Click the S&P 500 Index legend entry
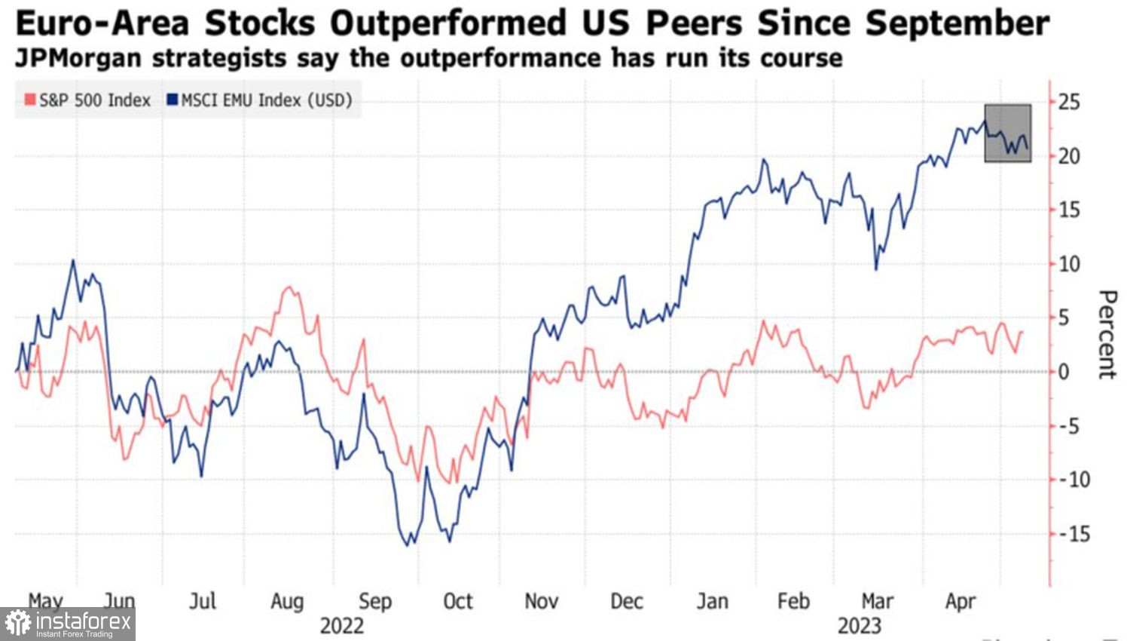(88, 100)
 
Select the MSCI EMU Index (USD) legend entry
(260, 100)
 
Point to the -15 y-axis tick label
(1073, 534)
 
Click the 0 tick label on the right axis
(1064, 372)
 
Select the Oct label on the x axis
(457, 601)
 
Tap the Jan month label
(712, 601)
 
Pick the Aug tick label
(287, 601)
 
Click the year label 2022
(341, 626)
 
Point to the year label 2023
(860, 626)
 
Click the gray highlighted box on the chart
(1008, 133)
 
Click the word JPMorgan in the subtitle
(76, 58)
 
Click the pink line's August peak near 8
(289, 287)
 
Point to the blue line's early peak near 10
(73, 261)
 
